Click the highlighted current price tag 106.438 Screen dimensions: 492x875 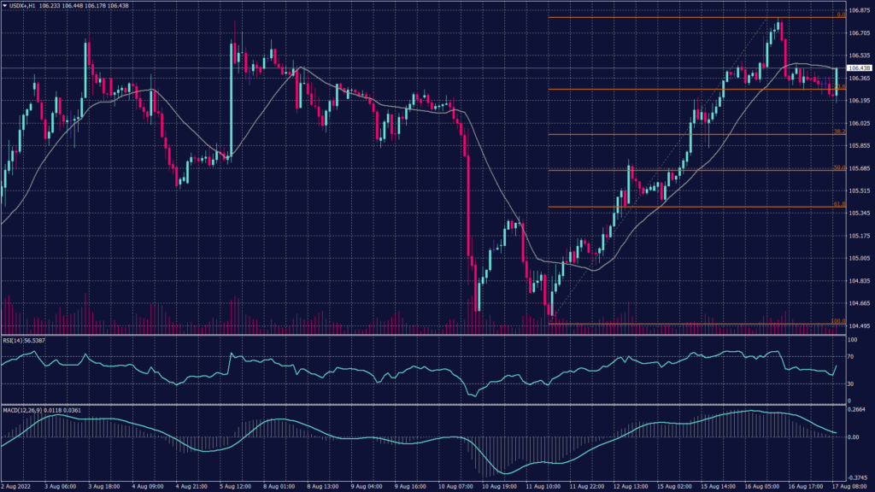coord(859,67)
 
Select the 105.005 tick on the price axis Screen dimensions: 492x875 coord(859,258)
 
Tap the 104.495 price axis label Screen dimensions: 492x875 coord(859,325)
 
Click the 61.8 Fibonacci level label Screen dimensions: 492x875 coord(840,204)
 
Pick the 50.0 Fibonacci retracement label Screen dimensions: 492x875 coord(840,168)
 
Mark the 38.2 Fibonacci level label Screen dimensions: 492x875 coord(840,132)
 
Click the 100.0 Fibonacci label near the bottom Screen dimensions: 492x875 coord(839,321)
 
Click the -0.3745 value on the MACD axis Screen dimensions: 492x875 coord(857,477)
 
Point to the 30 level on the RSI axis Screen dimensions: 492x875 coord(852,384)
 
